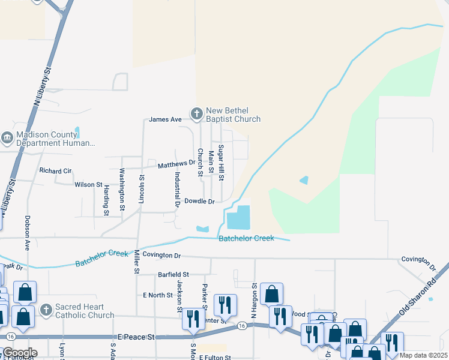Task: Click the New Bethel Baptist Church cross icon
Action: click(196, 113)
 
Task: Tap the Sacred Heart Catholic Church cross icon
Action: click(46, 310)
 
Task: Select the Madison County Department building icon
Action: click(7, 139)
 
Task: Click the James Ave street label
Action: click(165, 119)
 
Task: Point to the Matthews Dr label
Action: click(176, 163)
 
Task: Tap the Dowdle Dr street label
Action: click(199, 202)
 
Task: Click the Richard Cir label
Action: click(55, 171)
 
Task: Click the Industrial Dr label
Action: click(177, 189)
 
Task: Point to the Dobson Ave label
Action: click(27, 233)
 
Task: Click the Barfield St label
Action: click(173, 274)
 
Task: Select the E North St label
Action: click(158, 295)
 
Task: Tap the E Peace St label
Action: click(137, 337)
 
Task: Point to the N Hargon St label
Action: click(254, 300)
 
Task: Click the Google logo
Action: click(20, 353)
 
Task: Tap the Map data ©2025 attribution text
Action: click(424, 355)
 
